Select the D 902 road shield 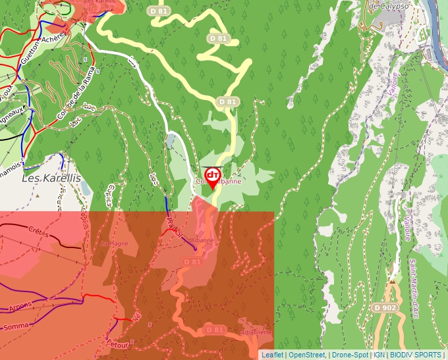(x=385, y=307)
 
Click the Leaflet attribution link (x=272, y=355)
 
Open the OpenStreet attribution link (x=306, y=355)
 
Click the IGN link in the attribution (x=379, y=355)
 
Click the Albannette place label (x=256, y=333)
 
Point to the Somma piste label (x=16, y=326)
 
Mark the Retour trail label (x=119, y=342)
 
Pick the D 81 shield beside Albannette (x=215, y=329)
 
